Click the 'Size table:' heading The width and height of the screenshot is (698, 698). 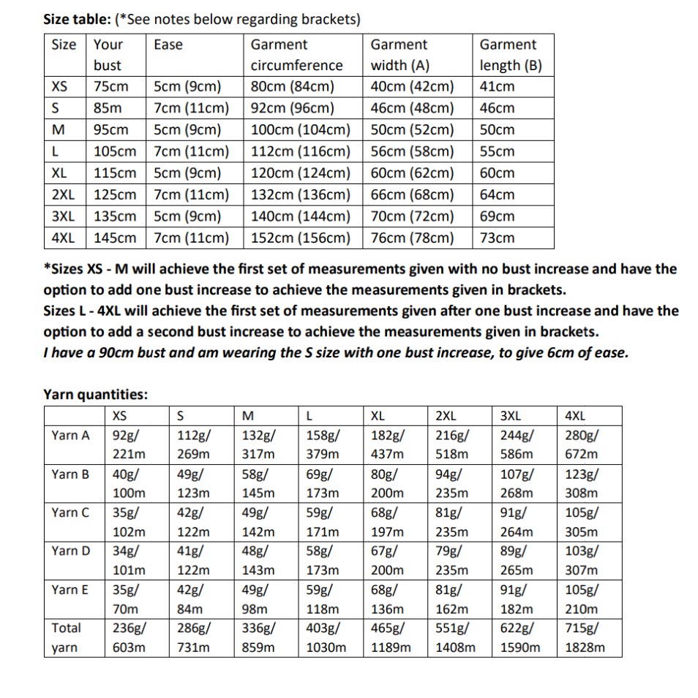(77, 19)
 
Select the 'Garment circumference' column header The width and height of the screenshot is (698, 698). (296, 55)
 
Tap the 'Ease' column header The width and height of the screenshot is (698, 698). (168, 45)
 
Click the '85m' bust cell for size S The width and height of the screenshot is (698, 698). (108, 108)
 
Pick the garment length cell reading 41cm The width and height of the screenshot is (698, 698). (497, 86)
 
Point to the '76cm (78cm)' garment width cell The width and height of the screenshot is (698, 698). (412, 238)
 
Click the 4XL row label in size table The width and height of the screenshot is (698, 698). (64, 238)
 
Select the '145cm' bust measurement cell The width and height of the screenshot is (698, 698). (115, 238)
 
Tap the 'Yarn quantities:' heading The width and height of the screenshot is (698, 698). (96, 395)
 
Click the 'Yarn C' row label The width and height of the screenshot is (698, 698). (70, 512)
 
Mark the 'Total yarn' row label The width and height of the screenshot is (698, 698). (67, 637)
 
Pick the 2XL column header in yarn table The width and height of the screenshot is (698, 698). (446, 417)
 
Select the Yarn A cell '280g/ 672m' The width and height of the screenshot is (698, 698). (581, 444)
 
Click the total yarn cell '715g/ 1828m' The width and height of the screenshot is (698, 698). (585, 637)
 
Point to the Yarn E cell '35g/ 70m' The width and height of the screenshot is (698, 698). (127, 599)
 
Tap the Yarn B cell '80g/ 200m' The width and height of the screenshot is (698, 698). (388, 483)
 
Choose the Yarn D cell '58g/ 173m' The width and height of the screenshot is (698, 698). (322, 560)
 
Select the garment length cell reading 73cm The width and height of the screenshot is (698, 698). (497, 238)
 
